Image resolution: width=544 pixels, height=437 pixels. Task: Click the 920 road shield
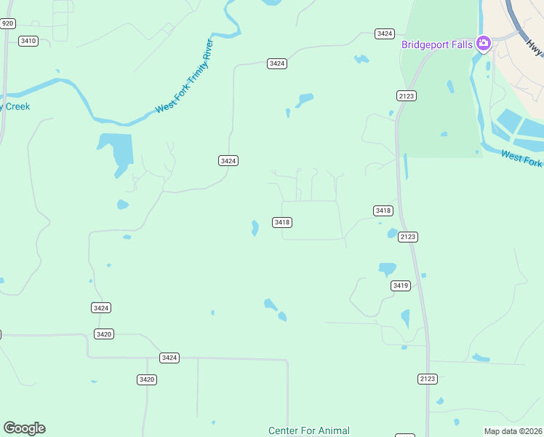7,23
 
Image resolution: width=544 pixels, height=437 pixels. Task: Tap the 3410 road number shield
28,41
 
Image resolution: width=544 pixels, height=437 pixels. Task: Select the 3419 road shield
400,286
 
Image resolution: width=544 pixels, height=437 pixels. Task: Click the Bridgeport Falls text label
437,44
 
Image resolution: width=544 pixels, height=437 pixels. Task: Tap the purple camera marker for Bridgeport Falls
483,44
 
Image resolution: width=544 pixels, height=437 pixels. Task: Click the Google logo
24,428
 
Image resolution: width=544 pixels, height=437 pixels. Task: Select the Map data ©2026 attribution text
513,431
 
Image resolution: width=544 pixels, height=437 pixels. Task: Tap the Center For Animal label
309,430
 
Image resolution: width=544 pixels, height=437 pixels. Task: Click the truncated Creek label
15,106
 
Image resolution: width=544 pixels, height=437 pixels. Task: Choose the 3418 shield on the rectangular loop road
283,222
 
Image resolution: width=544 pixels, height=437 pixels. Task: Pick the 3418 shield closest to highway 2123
383,210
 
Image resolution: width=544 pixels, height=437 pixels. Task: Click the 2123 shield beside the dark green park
407,95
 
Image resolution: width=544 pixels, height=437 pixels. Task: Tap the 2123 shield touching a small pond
408,237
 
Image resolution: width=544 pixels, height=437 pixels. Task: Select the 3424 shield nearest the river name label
228,160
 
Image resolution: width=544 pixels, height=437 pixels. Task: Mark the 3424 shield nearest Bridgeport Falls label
385,34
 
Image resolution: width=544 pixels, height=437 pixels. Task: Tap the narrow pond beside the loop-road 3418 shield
255,228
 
